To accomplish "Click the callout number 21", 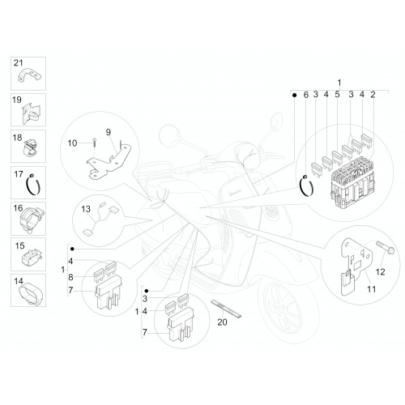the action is (x=19, y=63).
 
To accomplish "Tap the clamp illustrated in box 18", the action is (x=30, y=148).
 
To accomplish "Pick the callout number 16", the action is (x=19, y=208).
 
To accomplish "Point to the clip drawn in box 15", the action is (x=32, y=257).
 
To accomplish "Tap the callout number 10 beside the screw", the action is (x=72, y=143).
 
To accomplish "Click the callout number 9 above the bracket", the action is (x=109, y=132).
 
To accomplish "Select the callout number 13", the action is (x=86, y=209).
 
